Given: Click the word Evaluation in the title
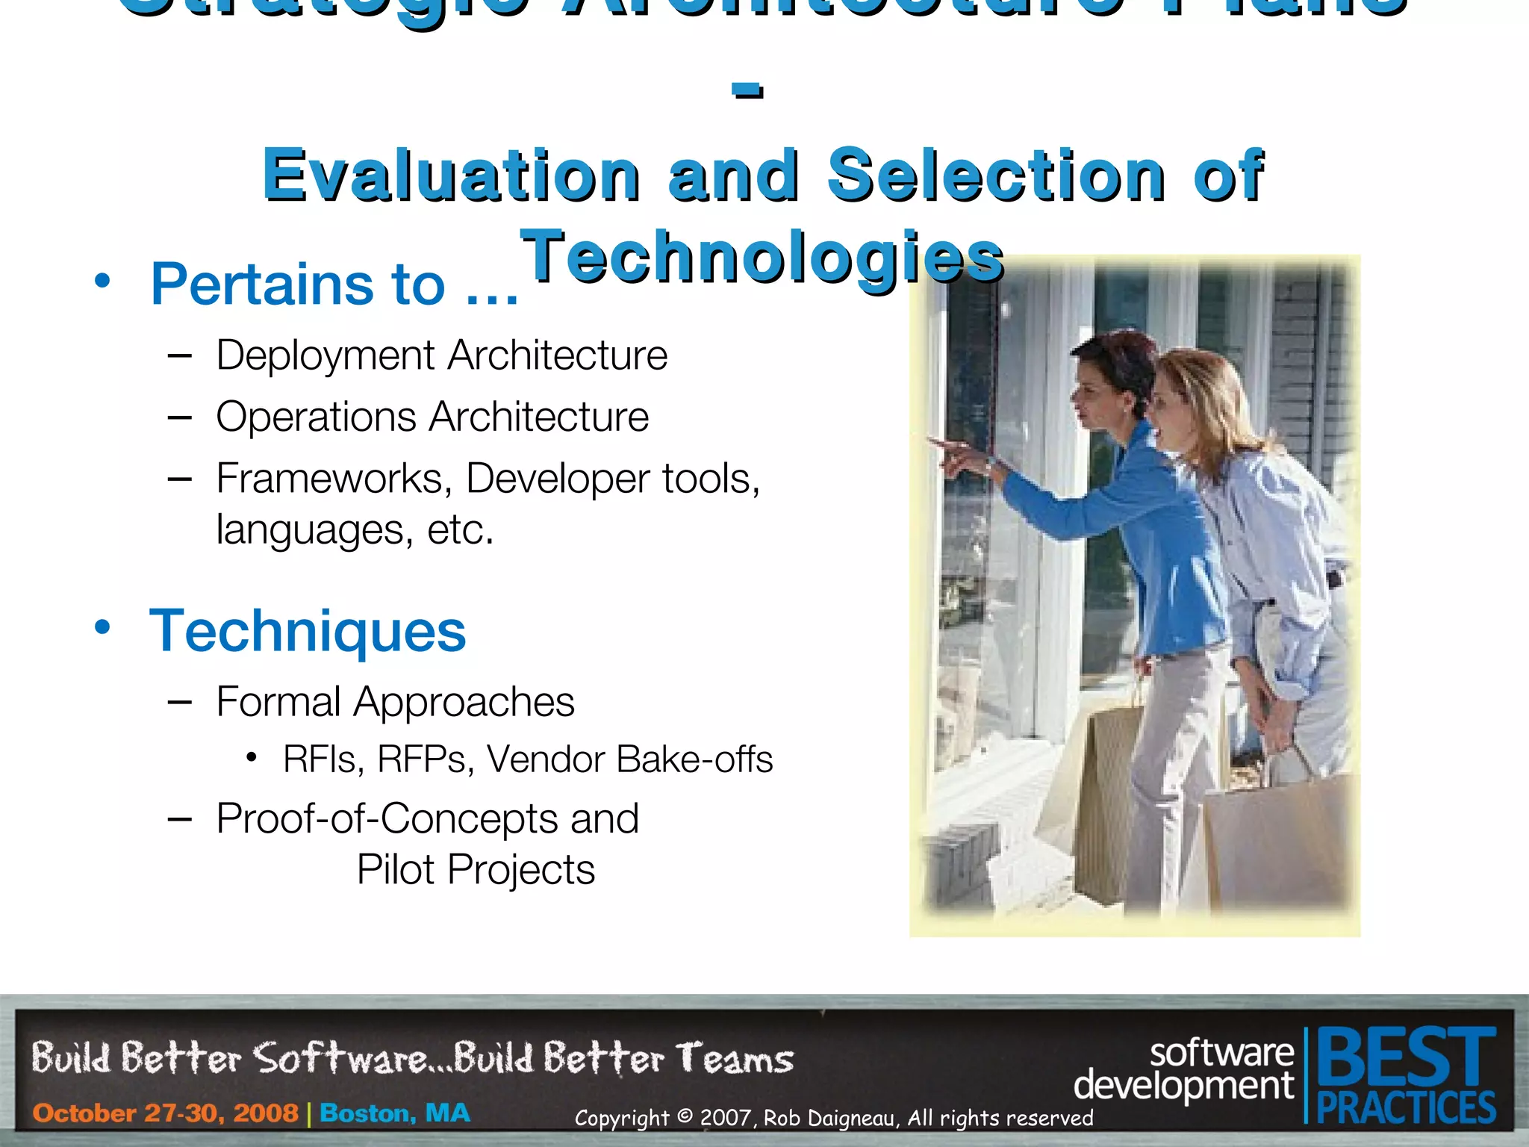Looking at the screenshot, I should coord(451,175).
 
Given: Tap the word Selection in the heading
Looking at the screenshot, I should coord(996,175).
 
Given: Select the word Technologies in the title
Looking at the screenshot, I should coord(762,257).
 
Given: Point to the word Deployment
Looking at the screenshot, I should coord(325,355).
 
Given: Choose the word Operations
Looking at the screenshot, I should coord(316,417).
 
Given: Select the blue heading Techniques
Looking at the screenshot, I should coord(308,632).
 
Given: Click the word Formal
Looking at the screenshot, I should coord(278,702).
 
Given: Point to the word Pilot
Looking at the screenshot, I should coord(395,870).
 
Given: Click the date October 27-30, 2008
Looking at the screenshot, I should coord(165,1113).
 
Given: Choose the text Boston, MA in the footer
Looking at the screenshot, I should coord(395,1113).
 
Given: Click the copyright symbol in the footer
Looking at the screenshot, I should coord(685,1117).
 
